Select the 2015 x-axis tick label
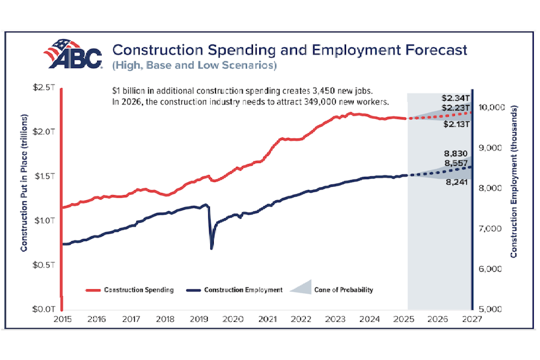[62, 319]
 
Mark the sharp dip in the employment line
[211, 247]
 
